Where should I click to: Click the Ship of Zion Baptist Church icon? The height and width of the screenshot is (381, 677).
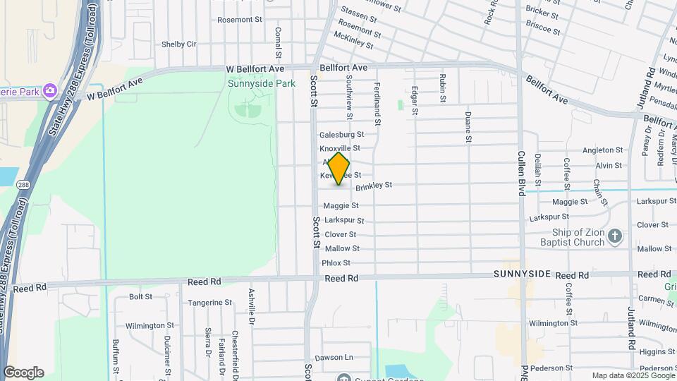[x=615, y=236]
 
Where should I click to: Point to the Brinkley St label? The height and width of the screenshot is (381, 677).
[x=373, y=186]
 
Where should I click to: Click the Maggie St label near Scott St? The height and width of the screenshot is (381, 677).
[x=341, y=206]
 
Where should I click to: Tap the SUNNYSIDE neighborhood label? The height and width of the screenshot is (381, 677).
[x=521, y=274]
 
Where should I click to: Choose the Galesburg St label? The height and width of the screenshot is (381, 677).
[x=341, y=134]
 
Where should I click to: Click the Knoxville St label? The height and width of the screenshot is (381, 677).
[x=340, y=149]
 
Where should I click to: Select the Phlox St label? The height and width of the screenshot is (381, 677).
[x=336, y=263]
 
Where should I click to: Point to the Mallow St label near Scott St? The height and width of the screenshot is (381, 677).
[x=342, y=248]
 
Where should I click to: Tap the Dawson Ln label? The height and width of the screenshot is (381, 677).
[x=333, y=358]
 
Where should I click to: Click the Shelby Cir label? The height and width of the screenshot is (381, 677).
[x=179, y=44]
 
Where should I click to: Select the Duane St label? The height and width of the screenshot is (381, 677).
[x=468, y=127]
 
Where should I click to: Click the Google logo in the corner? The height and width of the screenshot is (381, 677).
[x=23, y=373]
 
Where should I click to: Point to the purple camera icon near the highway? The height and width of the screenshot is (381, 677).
[x=49, y=90]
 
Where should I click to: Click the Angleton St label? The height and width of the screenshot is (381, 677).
[x=603, y=150]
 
